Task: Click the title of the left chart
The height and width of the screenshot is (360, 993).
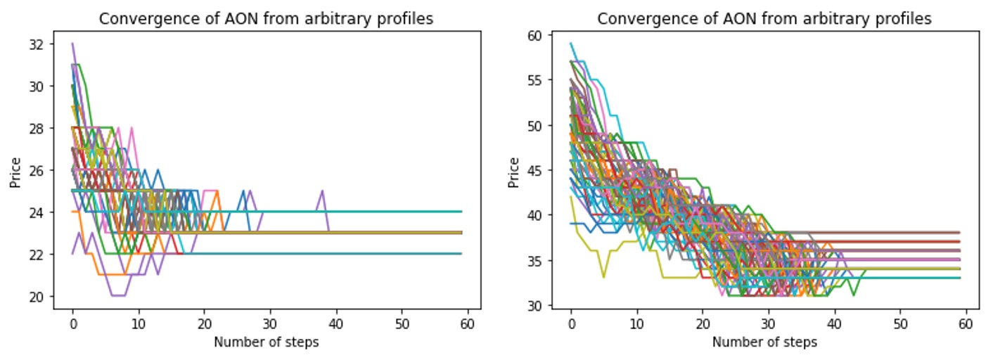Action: tap(265, 19)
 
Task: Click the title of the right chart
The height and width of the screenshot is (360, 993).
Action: tap(764, 19)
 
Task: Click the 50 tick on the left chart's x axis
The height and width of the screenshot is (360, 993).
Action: tap(402, 326)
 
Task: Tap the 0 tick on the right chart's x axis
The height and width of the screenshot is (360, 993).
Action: tap(571, 326)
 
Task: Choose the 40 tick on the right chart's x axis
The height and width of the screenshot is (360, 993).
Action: tap(834, 326)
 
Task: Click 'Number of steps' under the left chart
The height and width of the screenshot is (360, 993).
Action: tap(266, 342)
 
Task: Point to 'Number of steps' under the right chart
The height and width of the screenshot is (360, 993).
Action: tap(764, 342)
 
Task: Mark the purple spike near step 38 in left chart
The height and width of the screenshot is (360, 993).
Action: tap(322, 191)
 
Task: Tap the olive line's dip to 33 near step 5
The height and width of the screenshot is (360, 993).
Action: tap(603, 277)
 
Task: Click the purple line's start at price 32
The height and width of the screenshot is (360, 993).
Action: tap(72, 44)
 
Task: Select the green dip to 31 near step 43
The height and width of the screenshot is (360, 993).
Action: tap(854, 295)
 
